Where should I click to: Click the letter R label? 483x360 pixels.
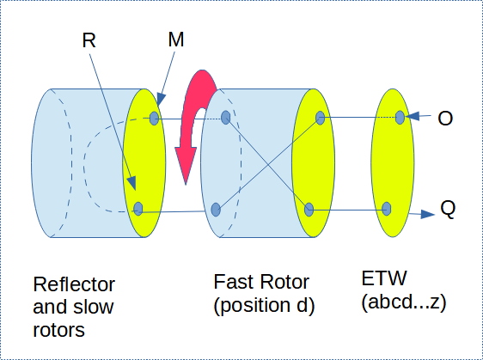89,40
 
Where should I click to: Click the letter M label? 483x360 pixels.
176,40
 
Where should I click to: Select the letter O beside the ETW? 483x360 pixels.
445,118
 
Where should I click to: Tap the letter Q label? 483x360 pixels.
448,210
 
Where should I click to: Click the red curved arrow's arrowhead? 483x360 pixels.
186,165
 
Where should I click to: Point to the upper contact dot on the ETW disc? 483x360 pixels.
400,118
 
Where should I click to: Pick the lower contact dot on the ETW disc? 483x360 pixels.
386,209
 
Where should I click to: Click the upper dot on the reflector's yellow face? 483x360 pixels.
155,119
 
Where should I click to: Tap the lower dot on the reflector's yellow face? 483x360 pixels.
138,209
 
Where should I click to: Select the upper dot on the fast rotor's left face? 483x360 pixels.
226,118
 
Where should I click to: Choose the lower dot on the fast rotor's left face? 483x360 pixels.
216,210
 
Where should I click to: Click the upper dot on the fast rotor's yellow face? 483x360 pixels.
320,118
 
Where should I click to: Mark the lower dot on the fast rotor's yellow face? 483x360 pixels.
309,210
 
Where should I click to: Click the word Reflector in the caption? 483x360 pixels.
74,284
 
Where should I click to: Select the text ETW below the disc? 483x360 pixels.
384,278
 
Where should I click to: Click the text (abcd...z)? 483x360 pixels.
404,302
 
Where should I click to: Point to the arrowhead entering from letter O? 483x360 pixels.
413,116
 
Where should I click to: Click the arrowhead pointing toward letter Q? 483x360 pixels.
427,214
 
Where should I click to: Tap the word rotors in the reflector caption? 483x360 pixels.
58,331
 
